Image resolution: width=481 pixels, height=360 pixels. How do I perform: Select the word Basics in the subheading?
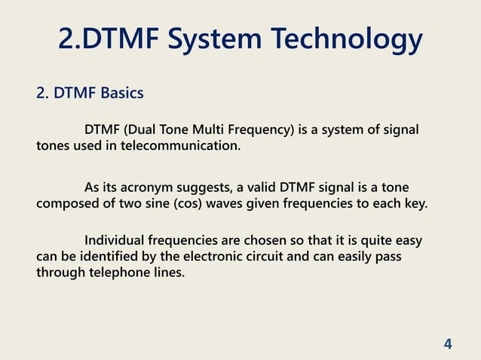tap(121, 94)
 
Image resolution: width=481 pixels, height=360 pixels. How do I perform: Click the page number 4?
tap(448, 344)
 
